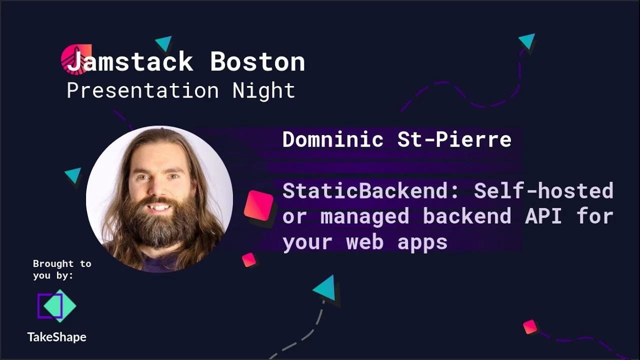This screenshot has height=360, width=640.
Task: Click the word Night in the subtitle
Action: click(x=263, y=91)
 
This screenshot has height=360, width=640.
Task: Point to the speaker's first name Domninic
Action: click(x=333, y=139)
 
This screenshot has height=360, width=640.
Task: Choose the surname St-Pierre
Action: click(x=454, y=139)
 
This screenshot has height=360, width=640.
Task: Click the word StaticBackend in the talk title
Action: click(x=370, y=190)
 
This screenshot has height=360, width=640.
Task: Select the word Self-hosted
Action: click(x=543, y=190)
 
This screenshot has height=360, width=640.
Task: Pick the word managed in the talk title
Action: click(x=364, y=216)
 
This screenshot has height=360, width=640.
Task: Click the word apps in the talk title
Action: click(x=422, y=242)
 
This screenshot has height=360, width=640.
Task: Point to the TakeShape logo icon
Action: click(x=56, y=306)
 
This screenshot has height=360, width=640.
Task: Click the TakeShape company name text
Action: click(x=56, y=337)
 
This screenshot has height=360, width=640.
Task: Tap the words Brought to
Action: click(x=62, y=263)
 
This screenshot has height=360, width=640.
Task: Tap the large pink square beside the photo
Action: click(x=259, y=205)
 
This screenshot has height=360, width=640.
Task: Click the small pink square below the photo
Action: click(x=249, y=259)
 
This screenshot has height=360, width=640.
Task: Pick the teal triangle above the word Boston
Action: click(x=164, y=43)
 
